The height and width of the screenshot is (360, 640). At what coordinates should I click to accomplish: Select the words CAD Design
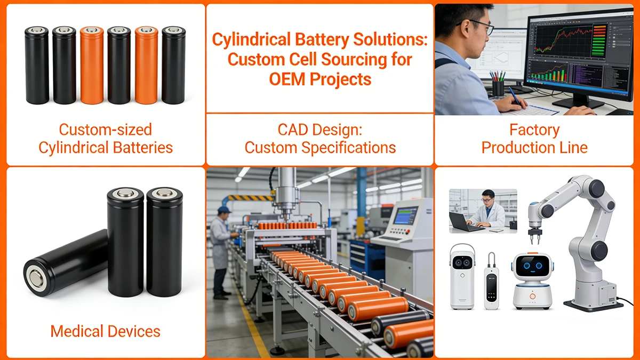pos(319,130)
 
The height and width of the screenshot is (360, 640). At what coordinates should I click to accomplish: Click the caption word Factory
pos(534,130)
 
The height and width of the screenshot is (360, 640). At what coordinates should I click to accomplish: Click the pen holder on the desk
pos(498,87)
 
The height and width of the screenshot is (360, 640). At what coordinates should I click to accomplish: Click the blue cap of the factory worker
pos(225,210)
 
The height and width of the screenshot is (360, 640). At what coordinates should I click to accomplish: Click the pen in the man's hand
pos(515,97)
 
